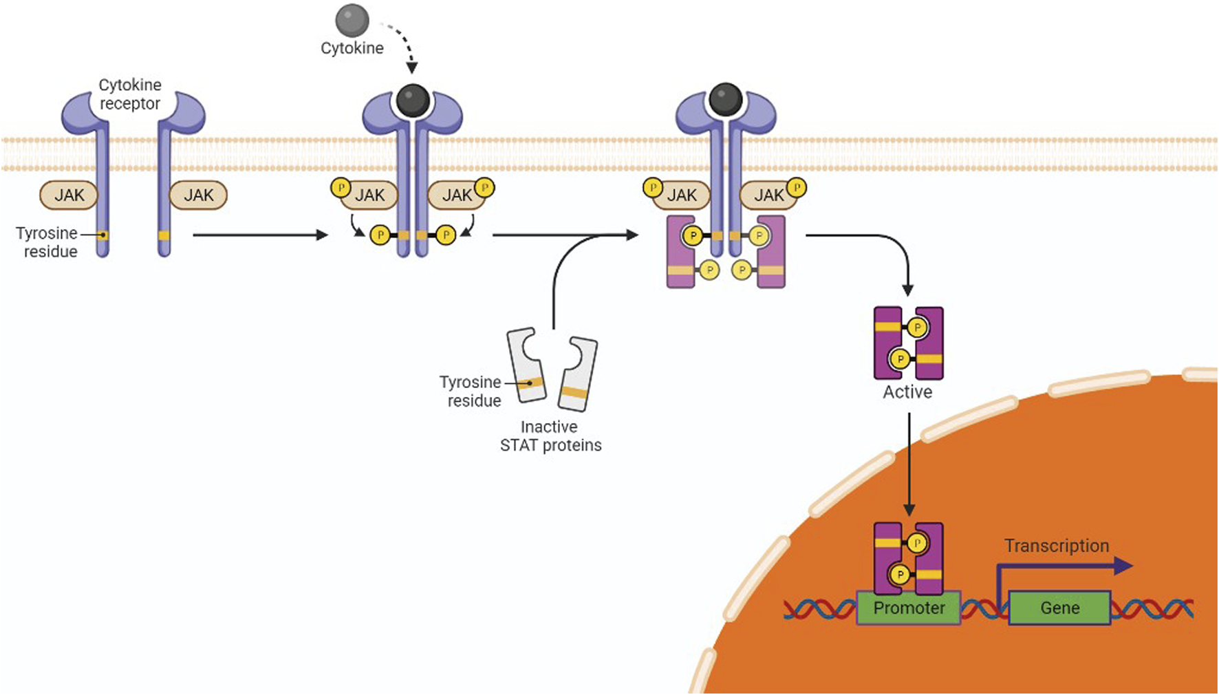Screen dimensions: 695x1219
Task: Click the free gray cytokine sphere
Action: tap(352, 20)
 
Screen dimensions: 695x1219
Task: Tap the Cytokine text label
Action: tap(352, 48)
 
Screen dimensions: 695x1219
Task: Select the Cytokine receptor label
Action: tap(130, 94)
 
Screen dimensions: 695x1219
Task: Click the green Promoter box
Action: tap(909, 608)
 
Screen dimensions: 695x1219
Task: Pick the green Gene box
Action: tap(1059, 608)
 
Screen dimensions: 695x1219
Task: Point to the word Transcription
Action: tap(1057, 546)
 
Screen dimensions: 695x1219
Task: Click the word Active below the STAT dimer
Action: tap(907, 392)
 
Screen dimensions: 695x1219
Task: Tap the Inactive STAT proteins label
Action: tap(550, 436)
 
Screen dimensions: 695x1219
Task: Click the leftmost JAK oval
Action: tap(69, 195)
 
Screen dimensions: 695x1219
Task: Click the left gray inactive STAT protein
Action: tap(526, 365)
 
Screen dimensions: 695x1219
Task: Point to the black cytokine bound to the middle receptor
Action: tap(413, 100)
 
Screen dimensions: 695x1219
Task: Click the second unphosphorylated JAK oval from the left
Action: tap(198, 195)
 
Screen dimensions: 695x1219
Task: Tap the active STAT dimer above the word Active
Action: tap(908, 343)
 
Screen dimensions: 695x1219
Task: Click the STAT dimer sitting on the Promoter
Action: tap(908, 559)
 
